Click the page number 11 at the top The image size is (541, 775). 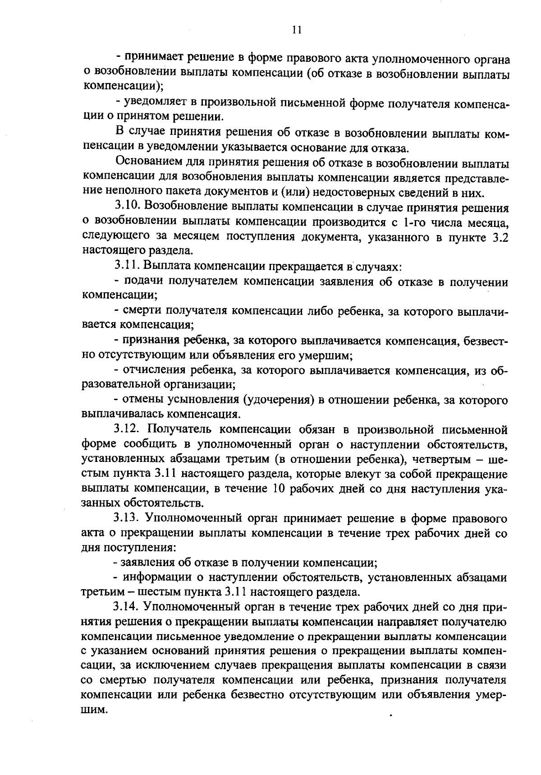tap(296, 30)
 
